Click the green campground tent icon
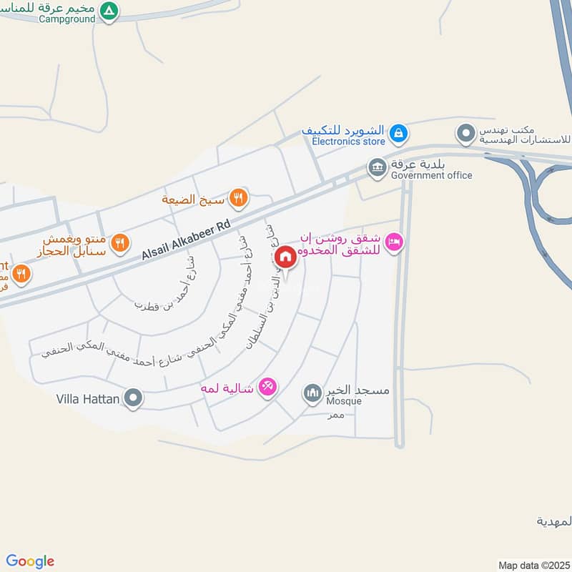coord(109,11)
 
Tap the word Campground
coord(69,19)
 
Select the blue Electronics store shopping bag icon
coord(399,132)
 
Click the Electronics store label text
coord(348,142)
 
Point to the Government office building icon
coord(377,168)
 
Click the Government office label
coord(432,175)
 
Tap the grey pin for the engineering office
coord(466,133)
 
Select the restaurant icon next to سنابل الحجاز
coord(121,244)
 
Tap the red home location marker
coord(285,257)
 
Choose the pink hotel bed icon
coord(394,243)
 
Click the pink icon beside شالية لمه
coord(267,386)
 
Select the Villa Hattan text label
coord(87,399)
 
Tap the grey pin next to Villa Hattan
coord(133,398)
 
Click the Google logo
coord(30,561)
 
